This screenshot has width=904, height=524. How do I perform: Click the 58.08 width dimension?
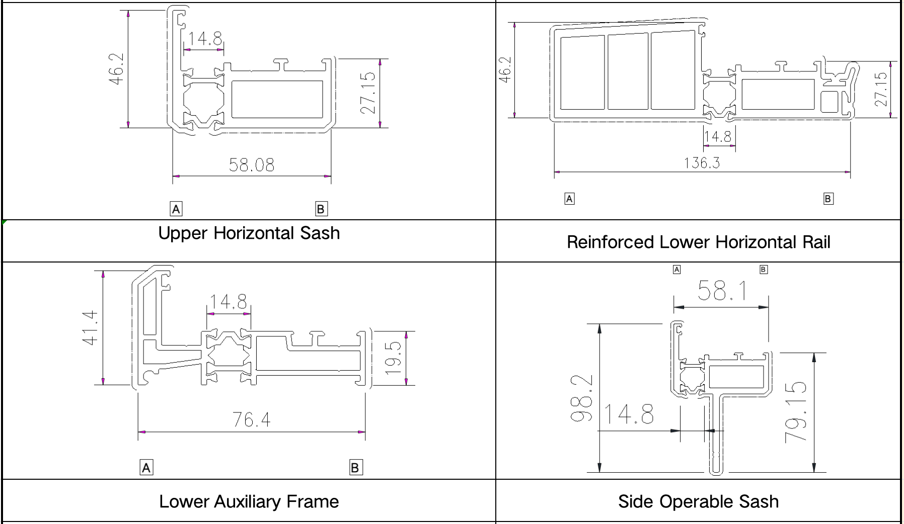click(x=252, y=165)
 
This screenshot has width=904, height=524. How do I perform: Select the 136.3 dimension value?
click(x=702, y=163)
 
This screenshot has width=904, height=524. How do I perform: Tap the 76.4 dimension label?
click(x=251, y=419)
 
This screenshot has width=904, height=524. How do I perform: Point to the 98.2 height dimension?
click(x=581, y=398)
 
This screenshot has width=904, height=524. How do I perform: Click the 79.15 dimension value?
click(x=796, y=412)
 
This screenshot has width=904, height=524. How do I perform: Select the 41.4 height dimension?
click(x=90, y=327)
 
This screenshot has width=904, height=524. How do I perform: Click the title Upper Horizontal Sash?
click(x=249, y=233)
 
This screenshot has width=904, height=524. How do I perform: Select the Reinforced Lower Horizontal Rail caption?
click(x=699, y=242)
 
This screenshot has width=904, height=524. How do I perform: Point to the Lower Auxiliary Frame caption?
click(x=249, y=501)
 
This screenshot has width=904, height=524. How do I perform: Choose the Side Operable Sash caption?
click(x=699, y=501)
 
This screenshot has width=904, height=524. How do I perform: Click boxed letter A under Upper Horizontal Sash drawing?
click(x=176, y=209)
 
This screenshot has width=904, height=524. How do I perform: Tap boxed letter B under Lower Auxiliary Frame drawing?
click(x=355, y=468)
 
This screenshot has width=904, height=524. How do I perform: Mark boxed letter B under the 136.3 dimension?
click(x=828, y=199)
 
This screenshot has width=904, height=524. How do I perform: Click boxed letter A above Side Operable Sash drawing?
click(x=677, y=270)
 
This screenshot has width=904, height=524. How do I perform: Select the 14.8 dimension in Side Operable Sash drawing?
click(x=629, y=414)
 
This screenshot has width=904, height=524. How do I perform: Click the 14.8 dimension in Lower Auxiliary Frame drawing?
click(x=229, y=302)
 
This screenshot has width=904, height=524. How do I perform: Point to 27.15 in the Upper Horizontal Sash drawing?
click(x=368, y=93)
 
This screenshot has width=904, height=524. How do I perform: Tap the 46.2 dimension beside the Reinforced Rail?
click(x=505, y=69)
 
